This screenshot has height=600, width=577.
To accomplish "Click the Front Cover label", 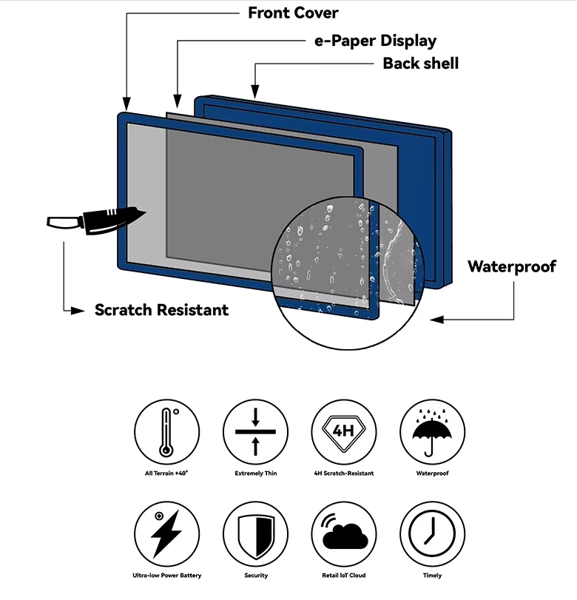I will pos(293,13).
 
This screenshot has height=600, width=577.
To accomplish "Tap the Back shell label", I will pos(420,64).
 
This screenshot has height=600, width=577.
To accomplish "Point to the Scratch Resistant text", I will pos(161,310).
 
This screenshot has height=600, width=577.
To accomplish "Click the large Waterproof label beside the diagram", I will pos(511,266).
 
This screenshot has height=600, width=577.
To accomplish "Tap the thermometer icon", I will pos(166,432).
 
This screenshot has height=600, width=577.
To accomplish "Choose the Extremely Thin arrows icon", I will pos(255,432).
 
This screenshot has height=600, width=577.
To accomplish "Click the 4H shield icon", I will pos(344,432).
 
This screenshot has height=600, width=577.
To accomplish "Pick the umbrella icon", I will pos(433,432).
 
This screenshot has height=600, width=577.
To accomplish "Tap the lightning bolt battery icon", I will pos(166,534).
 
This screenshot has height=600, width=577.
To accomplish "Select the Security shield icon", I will pos(255,534).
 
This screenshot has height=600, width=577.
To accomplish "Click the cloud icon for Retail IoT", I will pos(344,534).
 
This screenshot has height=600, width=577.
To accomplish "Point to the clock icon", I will pos(433,534).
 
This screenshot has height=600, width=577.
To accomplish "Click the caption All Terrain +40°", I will pos(166,473).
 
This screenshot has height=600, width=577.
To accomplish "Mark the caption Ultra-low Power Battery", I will pos(166,576).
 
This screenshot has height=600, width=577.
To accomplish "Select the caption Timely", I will pos(433,576).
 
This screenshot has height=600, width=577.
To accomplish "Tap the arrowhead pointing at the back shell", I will pos(254,92).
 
